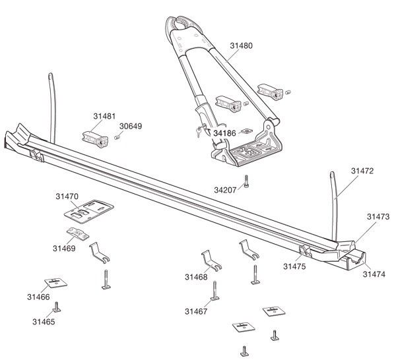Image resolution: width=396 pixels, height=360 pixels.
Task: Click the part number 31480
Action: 242,46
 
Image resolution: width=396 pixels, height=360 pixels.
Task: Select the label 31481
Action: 104,115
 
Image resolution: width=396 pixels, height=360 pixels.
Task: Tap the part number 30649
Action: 130,126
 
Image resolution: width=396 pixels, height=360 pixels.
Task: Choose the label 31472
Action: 362,170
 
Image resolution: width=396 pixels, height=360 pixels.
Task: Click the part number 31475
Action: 294,266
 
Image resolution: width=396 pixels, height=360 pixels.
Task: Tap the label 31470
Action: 67,196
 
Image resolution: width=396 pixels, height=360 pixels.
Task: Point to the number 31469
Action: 64,249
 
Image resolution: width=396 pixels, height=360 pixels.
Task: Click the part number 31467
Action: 195,311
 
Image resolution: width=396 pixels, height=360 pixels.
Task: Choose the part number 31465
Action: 44,322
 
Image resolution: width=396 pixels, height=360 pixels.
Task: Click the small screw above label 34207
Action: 246,181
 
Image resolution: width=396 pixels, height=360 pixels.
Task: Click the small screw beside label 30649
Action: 115,137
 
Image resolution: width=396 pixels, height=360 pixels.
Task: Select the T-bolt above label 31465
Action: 58,307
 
